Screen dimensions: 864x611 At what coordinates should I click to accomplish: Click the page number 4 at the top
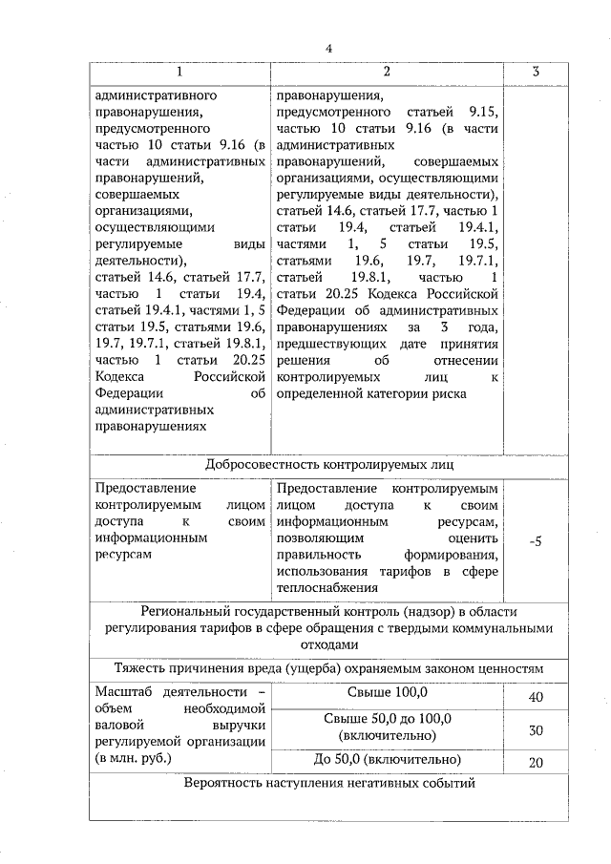tap(328, 49)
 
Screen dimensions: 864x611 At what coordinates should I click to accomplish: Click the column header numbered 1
tap(180, 73)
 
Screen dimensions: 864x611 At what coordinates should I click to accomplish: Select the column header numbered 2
tap(387, 73)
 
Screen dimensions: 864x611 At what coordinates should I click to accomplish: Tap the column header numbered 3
tap(536, 73)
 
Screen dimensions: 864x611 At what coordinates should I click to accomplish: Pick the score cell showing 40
tap(536, 697)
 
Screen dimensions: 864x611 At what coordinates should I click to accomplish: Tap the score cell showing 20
tap(536, 762)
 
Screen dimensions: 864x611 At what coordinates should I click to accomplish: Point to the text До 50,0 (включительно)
tap(387, 759)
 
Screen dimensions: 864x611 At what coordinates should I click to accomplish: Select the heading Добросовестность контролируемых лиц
tap(328, 465)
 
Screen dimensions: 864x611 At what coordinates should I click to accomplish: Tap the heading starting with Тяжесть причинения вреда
tap(328, 669)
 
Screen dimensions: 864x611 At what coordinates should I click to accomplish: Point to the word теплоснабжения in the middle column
tap(321, 587)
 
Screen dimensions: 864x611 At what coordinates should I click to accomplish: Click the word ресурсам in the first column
tap(124, 554)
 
